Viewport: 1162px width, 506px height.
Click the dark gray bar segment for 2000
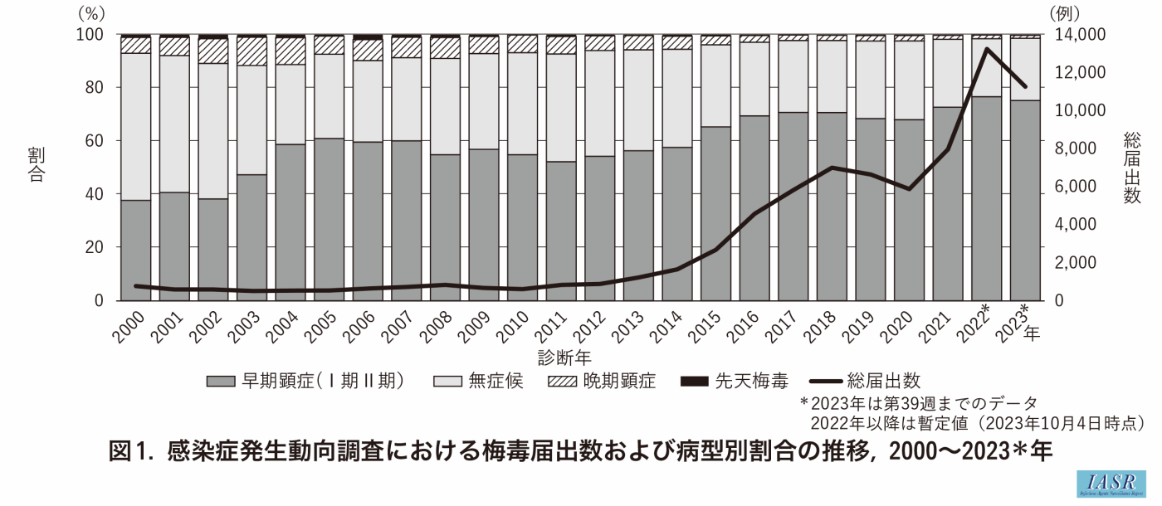(x=136, y=250)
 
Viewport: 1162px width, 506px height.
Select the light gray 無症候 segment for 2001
(x=174, y=124)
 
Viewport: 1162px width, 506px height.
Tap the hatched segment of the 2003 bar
(x=251, y=51)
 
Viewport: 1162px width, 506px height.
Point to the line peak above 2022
(x=986, y=49)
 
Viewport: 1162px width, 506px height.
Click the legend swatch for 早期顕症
(x=221, y=382)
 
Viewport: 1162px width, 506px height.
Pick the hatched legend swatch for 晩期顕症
(x=564, y=382)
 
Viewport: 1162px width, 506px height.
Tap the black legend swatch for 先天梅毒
(x=694, y=382)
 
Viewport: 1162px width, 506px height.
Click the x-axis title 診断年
(x=564, y=358)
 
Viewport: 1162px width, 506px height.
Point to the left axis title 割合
(x=36, y=166)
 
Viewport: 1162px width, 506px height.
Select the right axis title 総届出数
(x=1132, y=167)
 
